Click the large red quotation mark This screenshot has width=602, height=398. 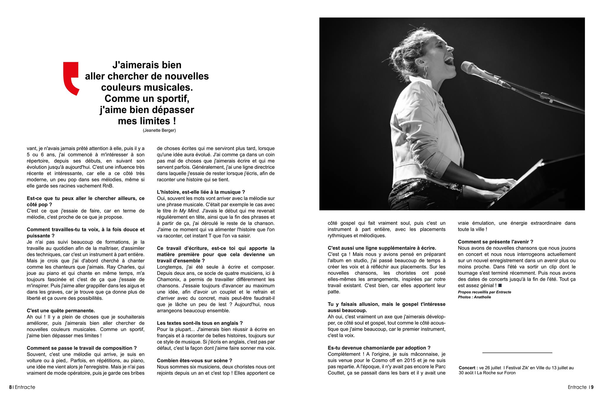pyautogui.click(x=71, y=78)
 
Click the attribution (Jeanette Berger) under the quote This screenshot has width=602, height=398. pyautogui.click(x=159, y=130)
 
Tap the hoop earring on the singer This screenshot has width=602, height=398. pyautogui.click(x=425, y=72)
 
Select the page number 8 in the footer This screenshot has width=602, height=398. pyautogui.click(x=11, y=387)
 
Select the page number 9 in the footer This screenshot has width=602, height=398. pyautogui.click(x=592, y=387)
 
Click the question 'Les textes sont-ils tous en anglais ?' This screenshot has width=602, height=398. pyautogui.click(x=200, y=323)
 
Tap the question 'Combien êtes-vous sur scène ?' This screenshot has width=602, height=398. pyautogui.click(x=194, y=360)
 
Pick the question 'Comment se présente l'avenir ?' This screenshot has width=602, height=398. pyautogui.click(x=495, y=242)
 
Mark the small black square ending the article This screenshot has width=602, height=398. pyautogui.click(x=500, y=285)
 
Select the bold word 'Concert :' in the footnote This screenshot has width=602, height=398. pyautogui.click(x=468, y=368)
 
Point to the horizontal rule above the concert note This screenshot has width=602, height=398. pyautogui.click(x=517, y=352)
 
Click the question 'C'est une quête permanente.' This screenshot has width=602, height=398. pyautogui.click(x=61, y=310)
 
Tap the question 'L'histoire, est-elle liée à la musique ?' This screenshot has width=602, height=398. pyautogui.click(x=201, y=192)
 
